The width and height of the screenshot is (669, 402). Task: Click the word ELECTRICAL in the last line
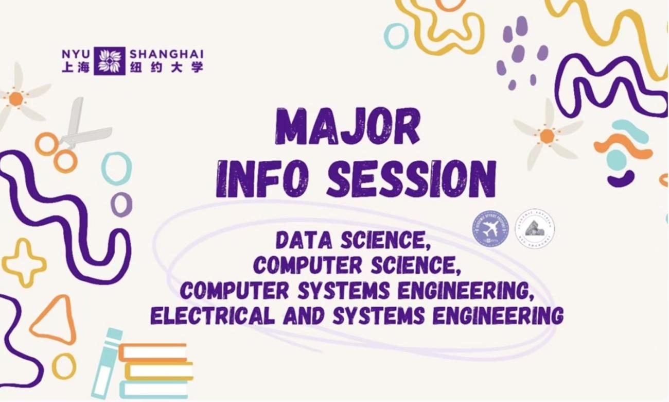(212, 315)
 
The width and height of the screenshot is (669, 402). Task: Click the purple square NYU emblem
(109, 61)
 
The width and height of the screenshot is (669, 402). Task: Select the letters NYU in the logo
(76, 54)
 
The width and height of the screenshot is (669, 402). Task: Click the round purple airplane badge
(490, 228)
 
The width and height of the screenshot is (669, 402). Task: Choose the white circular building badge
(535, 228)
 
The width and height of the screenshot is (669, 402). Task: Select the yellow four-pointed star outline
(24, 263)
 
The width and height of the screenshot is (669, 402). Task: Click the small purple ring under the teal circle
(121, 205)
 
